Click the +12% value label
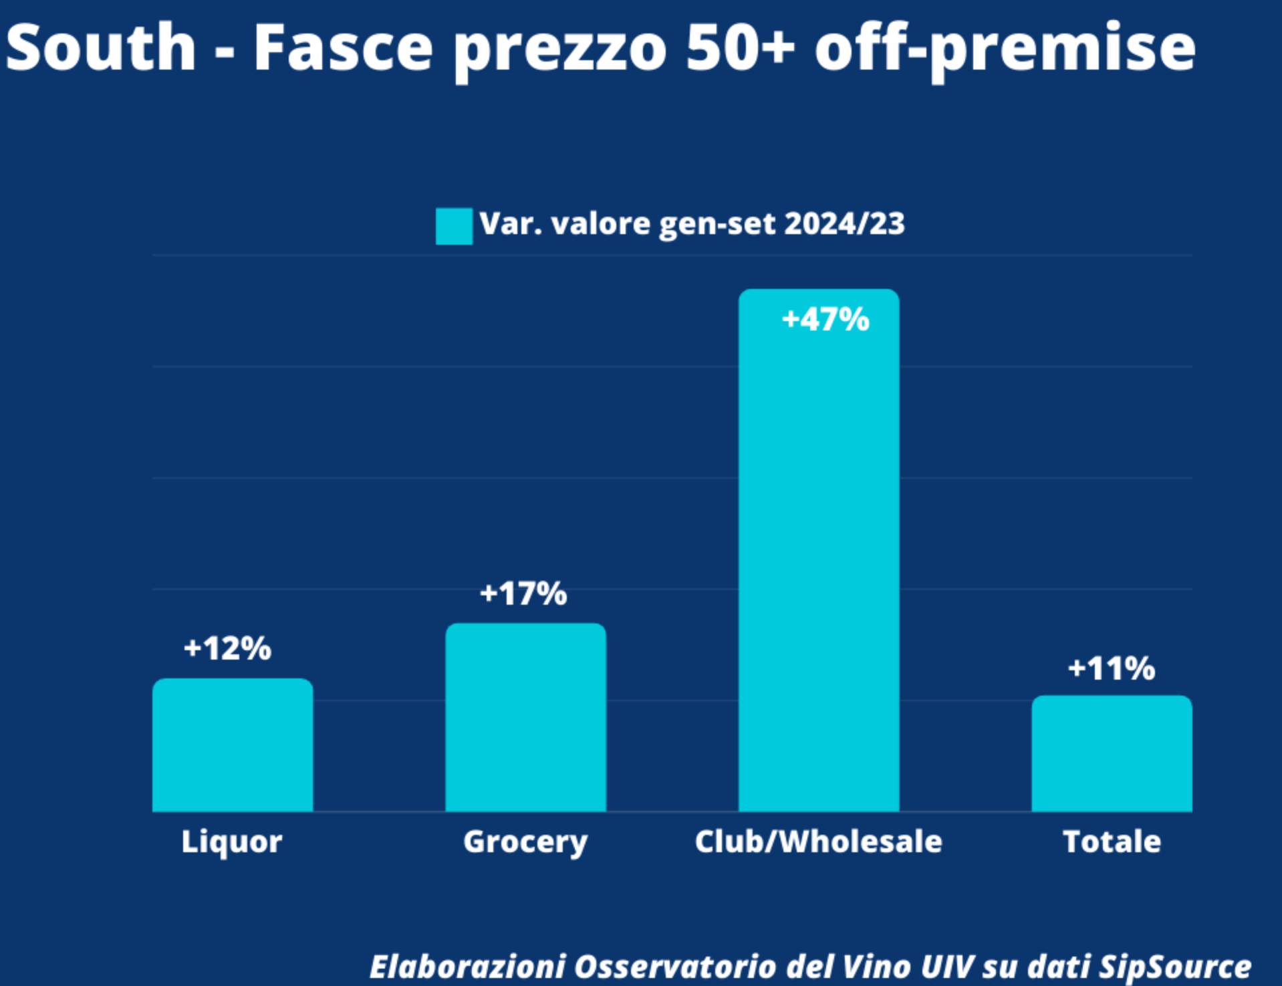(x=227, y=648)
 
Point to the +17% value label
(x=523, y=593)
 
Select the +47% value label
(x=825, y=319)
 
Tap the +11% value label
(x=1112, y=668)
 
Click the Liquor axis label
(x=231, y=841)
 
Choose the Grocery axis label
(x=525, y=842)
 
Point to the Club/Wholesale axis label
(x=818, y=841)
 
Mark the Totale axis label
(x=1112, y=841)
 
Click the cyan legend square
(x=454, y=226)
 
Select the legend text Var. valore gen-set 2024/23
(x=692, y=223)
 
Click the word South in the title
(x=100, y=47)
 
